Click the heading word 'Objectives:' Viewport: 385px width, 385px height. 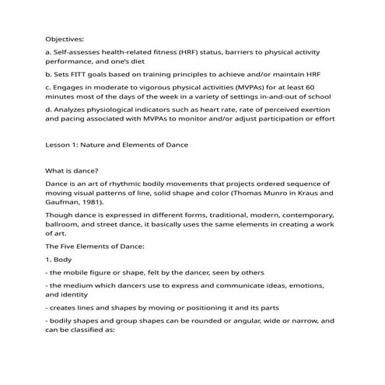point(65,37)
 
